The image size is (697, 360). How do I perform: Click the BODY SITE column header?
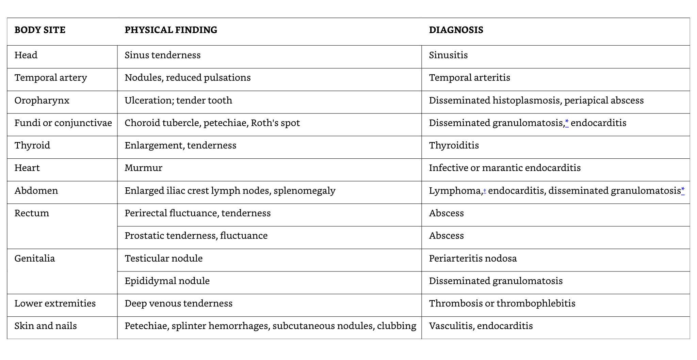pyautogui.click(x=40, y=30)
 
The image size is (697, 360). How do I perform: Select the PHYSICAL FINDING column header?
pyautogui.click(x=171, y=30)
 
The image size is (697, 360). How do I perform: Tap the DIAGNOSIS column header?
pyautogui.click(x=456, y=30)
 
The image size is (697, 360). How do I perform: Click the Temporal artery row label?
pyautogui.click(x=51, y=78)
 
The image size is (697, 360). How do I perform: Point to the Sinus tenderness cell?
pyautogui.click(x=162, y=55)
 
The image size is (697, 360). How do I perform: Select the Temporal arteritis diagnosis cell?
pyautogui.click(x=469, y=78)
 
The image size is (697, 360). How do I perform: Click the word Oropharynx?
pyautogui.click(x=42, y=100)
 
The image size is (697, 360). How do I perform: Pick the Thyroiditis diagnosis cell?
pyautogui.click(x=454, y=145)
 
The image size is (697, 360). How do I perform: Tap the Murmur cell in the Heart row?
pyautogui.click(x=143, y=168)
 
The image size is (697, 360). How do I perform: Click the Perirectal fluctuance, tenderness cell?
pyautogui.click(x=197, y=213)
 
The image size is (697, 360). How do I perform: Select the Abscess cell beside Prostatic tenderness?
pyautogui.click(x=446, y=236)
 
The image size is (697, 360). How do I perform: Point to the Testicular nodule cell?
pyautogui.click(x=163, y=259)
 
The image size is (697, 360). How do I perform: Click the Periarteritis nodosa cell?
pyautogui.click(x=473, y=259)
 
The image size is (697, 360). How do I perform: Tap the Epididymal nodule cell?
pyautogui.click(x=167, y=281)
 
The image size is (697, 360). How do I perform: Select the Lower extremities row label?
pyautogui.click(x=55, y=303)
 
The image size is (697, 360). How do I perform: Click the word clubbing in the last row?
pyautogui.click(x=396, y=326)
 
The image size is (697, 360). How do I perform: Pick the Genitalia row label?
pyautogui.click(x=34, y=259)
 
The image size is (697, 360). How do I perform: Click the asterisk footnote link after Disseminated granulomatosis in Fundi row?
pyautogui.click(x=567, y=122)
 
